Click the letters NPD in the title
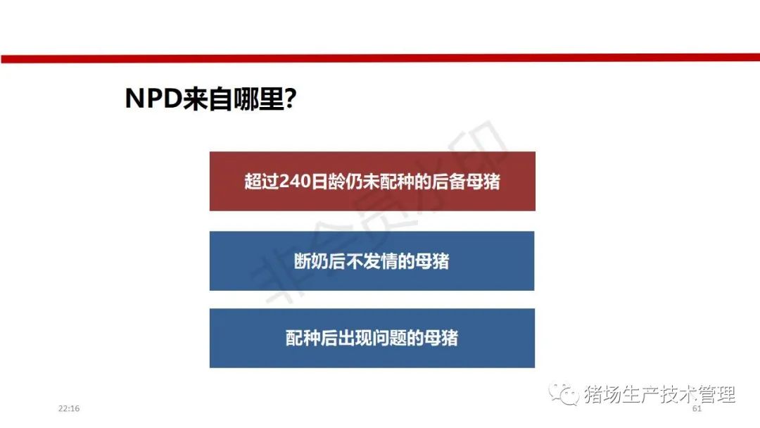click(x=153, y=98)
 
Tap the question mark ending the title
click(x=291, y=98)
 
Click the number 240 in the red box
click(x=295, y=182)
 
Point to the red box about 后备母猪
click(x=372, y=182)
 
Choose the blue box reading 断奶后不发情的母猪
click(x=372, y=260)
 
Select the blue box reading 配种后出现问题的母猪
click(x=372, y=338)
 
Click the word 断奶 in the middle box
click(x=311, y=261)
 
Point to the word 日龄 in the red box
click(x=328, y=182)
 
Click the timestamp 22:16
click(x=69, y=408)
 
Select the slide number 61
click(x=697, y=408)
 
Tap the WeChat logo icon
click(x=564, y=394)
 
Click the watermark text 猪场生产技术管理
click(x=659, y=394)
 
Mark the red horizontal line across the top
click(x=380, y=58)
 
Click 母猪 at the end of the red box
click(x=483, y=182)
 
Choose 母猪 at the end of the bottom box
click(x=441, y=338)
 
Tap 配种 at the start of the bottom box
click(x=303, y=338)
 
